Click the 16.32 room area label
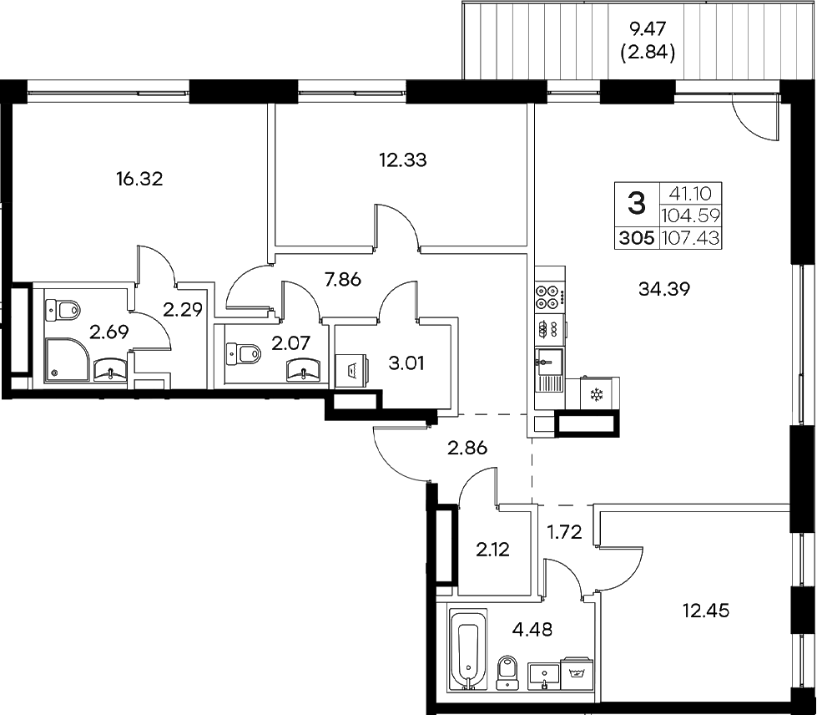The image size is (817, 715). point(139,178)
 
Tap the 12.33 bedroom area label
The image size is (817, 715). point(403,160)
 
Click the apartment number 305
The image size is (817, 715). point(637,239)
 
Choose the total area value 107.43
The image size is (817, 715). point(690,239)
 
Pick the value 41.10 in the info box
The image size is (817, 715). point(690,192)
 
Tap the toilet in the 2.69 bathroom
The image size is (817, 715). point(64,310)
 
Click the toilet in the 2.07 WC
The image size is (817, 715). point(244,354)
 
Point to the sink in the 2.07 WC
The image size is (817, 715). point(303,368)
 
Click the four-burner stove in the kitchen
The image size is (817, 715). point(549,295)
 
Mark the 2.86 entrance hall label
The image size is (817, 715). point(466,448)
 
